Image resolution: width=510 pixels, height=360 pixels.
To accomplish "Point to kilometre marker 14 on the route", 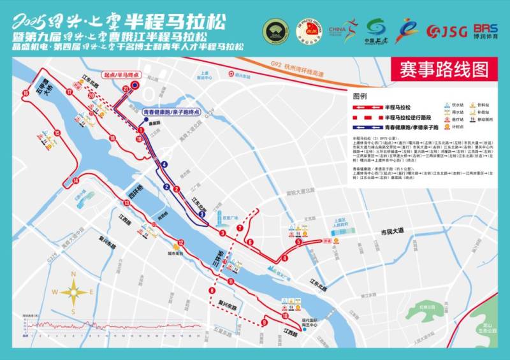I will [x=75, y=181].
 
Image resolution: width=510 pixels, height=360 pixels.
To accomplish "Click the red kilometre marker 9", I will [x=264, y=323].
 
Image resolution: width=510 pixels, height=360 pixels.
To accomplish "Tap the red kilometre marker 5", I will [x=298, y=242].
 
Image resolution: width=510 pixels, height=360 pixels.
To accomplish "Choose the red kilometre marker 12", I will [x=181, y=242].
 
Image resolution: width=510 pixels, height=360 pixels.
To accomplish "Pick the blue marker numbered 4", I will [x=165, y=164].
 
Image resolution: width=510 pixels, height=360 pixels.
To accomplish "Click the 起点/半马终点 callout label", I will [x=122, y=75].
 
